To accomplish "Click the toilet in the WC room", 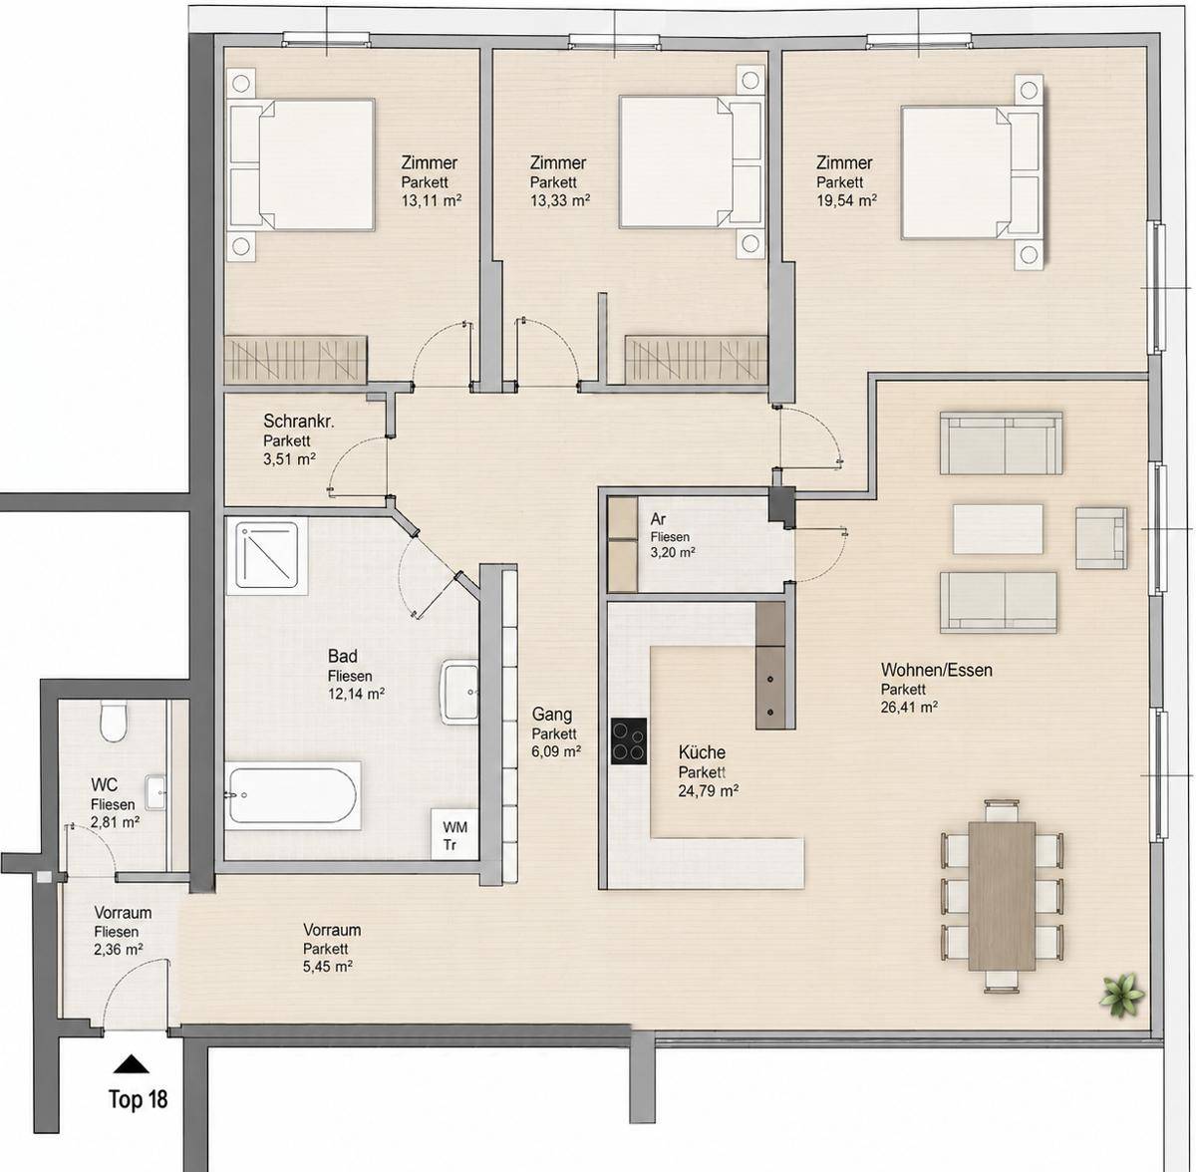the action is click(x=114, y=722).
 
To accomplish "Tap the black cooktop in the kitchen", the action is click(x=629, y=740).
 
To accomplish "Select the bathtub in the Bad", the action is click(x=293, y=795).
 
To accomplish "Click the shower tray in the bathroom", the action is click(x=267, y=554).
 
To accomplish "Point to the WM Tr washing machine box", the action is click(x=454, y=835).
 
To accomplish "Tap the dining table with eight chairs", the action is click(x=1002, y=896).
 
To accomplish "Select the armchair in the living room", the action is click(x=1101, y=537).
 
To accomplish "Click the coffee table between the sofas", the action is click(x=998, y=529).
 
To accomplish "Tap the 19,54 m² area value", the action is click(x=846, y=201).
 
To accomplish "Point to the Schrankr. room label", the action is click(x=299, y=422).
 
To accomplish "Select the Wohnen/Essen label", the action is click(x=937, y=671).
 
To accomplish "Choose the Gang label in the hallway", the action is click(x=552, y=716).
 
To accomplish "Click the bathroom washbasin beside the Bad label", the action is click(x=459, y=692).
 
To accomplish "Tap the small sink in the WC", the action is click(x=155, y=792).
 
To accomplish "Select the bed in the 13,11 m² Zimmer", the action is click(x=302, y=165).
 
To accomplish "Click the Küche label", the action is click(x=702, y=753).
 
